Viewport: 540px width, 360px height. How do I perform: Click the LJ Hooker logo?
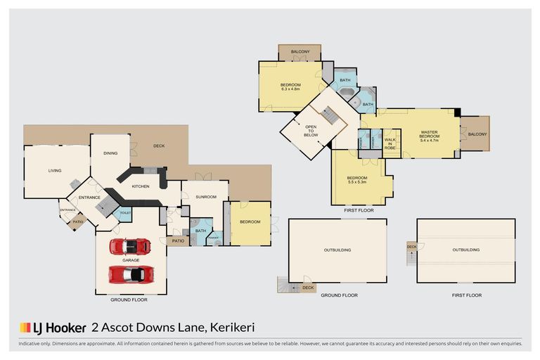pyautogui.click(x=52, y=328)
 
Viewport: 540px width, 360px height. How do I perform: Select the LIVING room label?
pyautogui.click(x=55, y=170)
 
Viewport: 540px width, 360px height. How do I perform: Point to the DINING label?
pyautogui.click(x=110, y=153)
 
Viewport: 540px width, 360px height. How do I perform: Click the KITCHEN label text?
pyautogui.click(x=141, y=186)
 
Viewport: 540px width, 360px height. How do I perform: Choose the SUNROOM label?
pyautogui.click(x=205, y=198)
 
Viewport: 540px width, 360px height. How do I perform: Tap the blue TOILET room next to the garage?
pyautogui.click(x=126, y=213)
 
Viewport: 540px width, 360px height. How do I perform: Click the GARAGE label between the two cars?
pyautogui.click(x=131, y=259)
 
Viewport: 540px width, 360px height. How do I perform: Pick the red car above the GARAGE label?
pyautogui.click(x=130, y=247)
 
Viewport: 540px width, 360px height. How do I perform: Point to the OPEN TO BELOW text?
pyautogui.click(x=311, y=131)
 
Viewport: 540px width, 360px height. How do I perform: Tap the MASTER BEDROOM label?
pyautogui.click(x=429, y=136)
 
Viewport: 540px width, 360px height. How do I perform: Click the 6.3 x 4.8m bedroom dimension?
pyautogui.click(x=290, y=89)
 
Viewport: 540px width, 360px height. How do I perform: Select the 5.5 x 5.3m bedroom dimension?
pyautogui.click(x=357, y=181)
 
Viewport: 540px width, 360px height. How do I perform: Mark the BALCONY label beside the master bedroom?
pyautogui.click(x=477, y=134)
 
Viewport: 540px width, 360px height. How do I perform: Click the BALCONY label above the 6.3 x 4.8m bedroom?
pyautogui.click(x=300, y=52)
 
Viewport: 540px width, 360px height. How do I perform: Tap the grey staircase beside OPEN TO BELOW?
pyautogui.click(x=330, y=115)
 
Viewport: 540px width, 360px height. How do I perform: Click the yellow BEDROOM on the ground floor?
pyautogui.click(x=250, y=222)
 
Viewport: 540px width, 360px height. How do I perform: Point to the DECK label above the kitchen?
pyautogui.click(x=159, y=146)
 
